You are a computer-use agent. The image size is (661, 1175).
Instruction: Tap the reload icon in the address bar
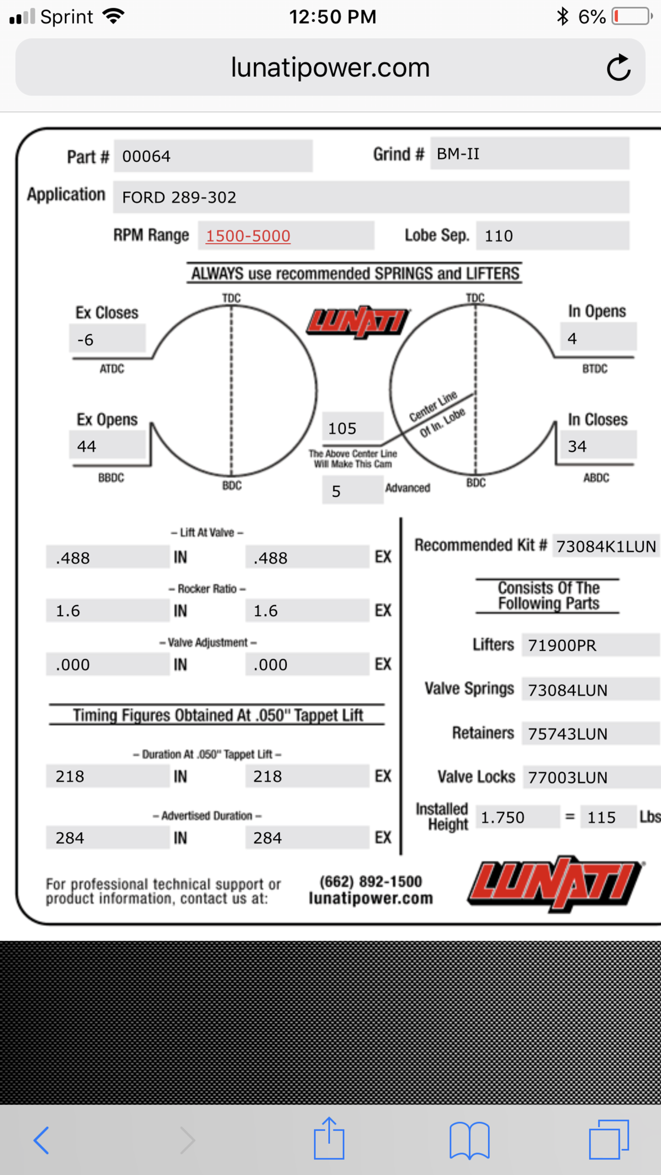point(618,68)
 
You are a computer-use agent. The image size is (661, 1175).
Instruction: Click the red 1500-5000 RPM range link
point(248,236)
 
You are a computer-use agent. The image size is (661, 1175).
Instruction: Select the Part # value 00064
point(146,156)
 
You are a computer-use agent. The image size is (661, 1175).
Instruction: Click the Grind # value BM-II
point(458,154)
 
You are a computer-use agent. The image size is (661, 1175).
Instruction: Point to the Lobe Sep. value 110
point(499,236)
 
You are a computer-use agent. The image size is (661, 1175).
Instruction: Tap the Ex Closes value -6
point(86,340)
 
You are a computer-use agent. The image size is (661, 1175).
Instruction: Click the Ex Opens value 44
point(87,446)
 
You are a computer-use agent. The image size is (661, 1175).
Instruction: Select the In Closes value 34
point(577,446)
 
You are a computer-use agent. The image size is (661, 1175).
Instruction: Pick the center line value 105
point(342,428)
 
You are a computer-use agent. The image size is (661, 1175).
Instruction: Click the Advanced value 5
point(336,492)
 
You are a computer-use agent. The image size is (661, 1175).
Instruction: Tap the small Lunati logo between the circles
point(358,322)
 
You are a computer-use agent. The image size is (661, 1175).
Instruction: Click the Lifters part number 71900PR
point(562,646)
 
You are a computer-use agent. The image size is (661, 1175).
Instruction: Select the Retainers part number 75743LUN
point(567,734)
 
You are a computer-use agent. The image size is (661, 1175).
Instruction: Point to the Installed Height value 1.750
point(502,817)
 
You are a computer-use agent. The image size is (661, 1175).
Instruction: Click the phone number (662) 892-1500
point(371,882)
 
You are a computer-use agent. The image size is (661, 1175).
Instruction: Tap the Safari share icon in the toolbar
point(329,1138)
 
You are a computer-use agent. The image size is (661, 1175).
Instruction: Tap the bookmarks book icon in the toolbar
point(469,1140)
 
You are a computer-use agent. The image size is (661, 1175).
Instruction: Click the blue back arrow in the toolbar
point(41,1140)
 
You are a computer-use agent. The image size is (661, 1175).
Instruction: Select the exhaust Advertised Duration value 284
point(267,838)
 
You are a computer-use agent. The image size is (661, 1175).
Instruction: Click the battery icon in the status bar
point(631,16)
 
